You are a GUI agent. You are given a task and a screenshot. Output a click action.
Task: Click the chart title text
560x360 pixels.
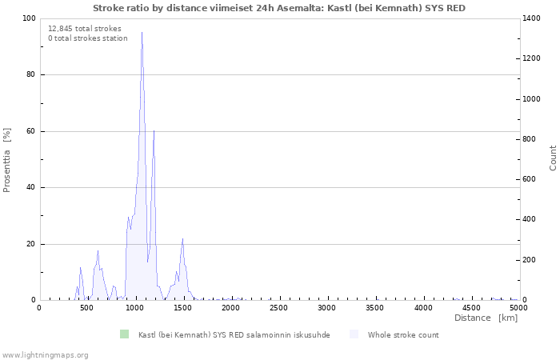click(x=279, y=8)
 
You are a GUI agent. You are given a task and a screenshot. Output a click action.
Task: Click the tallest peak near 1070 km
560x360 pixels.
click(x=142, y=34)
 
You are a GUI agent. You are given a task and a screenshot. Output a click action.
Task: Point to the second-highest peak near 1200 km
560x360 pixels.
click(x=154, y=131)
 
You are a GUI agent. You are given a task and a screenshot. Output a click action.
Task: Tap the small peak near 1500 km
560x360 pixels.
click(x=182, y=238)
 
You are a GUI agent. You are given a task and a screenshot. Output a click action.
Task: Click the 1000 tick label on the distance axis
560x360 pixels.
click(x=135, y=308)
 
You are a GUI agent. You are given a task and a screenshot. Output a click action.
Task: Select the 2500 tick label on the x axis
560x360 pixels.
click(x=279, y=308)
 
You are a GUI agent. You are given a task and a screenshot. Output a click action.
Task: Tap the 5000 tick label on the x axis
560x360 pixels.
click(x=518, y=308)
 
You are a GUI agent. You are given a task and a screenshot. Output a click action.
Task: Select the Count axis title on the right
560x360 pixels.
click(x=553, y=158)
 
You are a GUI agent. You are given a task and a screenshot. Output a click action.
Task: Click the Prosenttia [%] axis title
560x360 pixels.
click(x=7, y=159)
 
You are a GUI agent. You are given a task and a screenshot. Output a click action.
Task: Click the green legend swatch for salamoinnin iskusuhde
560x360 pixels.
click(x=124, y=334)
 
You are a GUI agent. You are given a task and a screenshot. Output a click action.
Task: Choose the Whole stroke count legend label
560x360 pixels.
click(x=403, y=335)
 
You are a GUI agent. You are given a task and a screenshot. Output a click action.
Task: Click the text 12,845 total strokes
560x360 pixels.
click(x=85, y=29)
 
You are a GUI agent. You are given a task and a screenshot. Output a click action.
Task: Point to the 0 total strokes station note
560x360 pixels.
click(x=88, y=38)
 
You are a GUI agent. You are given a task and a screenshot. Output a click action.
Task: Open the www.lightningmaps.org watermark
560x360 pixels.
click(x=46, y=354)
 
